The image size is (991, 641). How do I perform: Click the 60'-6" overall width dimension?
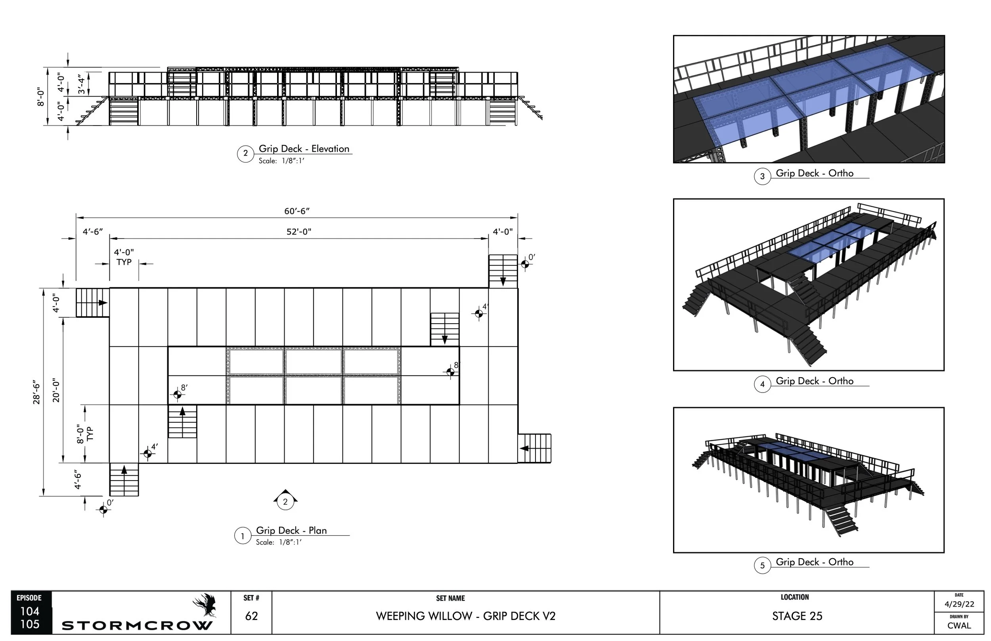click(x=297, y=211)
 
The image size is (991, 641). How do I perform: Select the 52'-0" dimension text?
click(x=298, y=231)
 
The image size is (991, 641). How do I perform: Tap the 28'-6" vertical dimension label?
click(x=37, y=392)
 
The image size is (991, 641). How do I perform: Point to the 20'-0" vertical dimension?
click(x=56, y=390)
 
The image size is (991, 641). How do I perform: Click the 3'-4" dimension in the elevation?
click(x=81, y=84)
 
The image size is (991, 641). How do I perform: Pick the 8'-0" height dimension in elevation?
click(x=41, y=97)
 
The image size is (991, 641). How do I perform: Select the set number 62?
click(x=251, y=616)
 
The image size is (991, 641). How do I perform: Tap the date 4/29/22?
click(x=959, y=604)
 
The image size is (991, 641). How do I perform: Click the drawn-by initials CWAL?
click(x=959, y=626)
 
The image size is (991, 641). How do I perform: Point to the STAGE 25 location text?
click(x=797, y=616)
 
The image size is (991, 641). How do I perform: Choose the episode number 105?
click(x=30, y=624)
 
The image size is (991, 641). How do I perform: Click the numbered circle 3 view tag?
click(x=762, y=176)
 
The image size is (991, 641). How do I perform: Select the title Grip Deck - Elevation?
click(x=304, y=149)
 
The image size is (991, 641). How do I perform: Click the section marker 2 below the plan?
click(x=285, y=501)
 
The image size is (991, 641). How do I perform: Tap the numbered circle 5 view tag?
click(x=762, y=565)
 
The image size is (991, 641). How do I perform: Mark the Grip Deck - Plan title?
click(x=291, y=530)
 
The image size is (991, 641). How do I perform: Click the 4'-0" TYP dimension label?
click(x=124, y=257)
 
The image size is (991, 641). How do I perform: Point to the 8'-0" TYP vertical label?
click(x=84, y=434)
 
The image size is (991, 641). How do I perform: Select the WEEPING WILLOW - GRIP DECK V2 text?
click(x=465, y=616)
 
